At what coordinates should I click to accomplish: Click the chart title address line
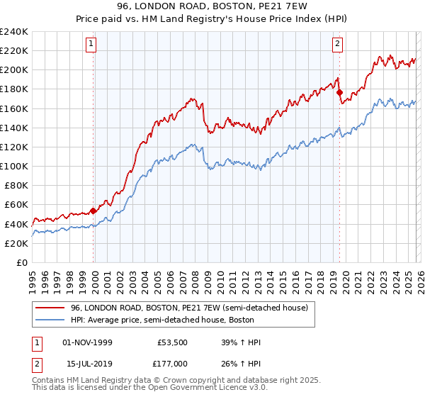point(212,7)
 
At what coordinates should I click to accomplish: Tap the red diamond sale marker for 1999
point(93,211)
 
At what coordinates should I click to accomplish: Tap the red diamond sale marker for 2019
point(339,92)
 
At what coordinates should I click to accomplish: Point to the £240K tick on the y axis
point(14,32)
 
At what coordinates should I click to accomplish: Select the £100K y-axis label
point(14,166)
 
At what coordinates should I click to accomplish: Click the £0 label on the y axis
point(21,262)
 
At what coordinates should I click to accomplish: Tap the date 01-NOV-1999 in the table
point(88,342)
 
